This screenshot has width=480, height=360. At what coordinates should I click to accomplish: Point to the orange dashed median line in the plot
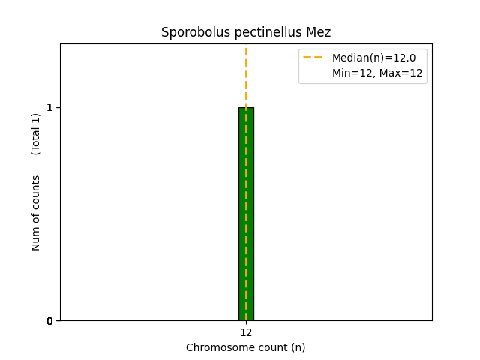pyautogui.click(x=246, y=75)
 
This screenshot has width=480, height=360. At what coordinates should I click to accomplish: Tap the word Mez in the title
pyautogui.click(x=319, y=32)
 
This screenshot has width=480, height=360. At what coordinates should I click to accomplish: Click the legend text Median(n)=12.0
pyautogui.click(x=373, y=58)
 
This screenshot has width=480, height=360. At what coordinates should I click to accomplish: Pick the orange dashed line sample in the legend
pyautogui.click(x=313, y=58)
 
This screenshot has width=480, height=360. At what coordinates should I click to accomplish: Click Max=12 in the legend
pyautogui.click(x=401, y=73)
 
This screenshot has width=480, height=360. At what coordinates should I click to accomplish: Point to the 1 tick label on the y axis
pyautogui.click(x=50, y=107)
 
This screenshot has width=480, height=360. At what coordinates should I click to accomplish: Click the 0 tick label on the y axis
pyautogui.click(x=50, y=321)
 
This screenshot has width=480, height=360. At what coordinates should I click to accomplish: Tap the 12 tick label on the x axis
pyautogui.click(x=246, y=333)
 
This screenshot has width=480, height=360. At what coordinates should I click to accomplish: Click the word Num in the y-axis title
pyautogui.click(x=36, y=238)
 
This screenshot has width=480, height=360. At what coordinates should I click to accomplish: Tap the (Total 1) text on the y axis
pyautogui.click(x=36, y=133)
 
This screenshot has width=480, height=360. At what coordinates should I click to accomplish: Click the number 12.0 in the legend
pyautogui.click(x=405, y=58)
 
